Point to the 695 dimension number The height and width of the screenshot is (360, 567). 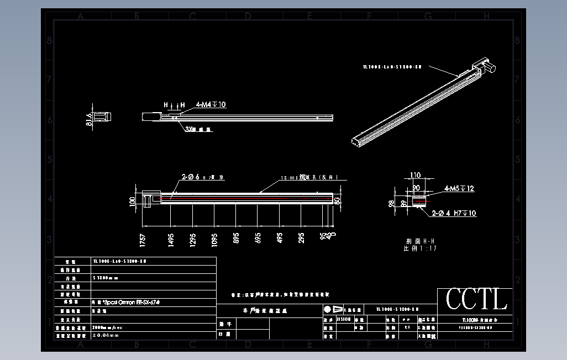258,239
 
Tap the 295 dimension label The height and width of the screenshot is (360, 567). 302,239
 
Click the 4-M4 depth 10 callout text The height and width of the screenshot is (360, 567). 211,104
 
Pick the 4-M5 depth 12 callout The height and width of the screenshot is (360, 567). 459,189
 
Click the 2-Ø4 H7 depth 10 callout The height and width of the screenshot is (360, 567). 454,213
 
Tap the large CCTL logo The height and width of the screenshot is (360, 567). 476,300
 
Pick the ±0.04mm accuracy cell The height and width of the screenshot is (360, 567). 106,335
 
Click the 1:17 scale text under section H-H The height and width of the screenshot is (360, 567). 421,249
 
